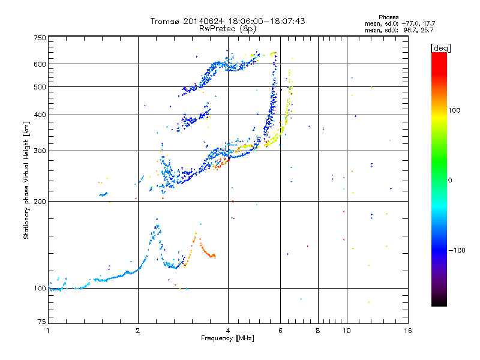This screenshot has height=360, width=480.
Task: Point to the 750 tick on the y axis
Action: click(x=40, y=37)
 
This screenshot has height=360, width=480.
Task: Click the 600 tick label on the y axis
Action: click(x=40, y=64)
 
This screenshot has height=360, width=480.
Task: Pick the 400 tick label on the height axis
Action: click(x=40, y=115)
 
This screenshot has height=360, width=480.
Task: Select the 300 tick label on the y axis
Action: click(x=40, y=151)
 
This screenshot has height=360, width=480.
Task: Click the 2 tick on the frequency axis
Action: click(x=138, y=331)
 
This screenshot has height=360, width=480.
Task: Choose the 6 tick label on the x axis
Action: click(x=281, y=331)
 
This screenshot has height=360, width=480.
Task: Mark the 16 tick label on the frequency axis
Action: click(x=407, y=331)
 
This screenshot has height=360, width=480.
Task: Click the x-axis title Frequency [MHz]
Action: click(x=227, y=339)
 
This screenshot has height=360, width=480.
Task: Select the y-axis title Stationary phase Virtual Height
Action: click(x=26, y=180)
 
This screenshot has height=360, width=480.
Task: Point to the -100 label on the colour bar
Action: click(x=458, y=250)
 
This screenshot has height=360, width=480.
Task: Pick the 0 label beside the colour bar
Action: click(x=451, y=180)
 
